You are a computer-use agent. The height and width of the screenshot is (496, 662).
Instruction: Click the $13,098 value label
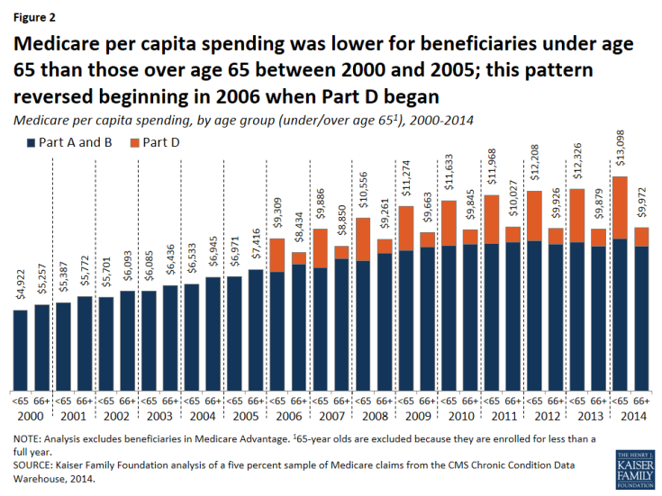click(620, 158)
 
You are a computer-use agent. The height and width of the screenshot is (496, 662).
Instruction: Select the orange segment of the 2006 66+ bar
click(298, 258)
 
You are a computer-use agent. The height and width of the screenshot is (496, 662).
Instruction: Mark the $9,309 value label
click(277, 221)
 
